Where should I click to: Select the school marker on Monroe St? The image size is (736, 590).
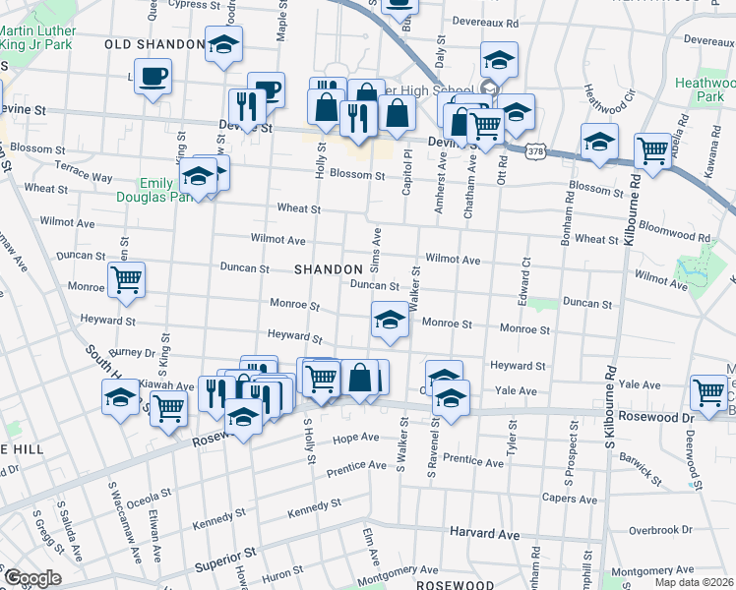click(390, 321)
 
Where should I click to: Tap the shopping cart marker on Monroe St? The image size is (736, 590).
click(126, 279)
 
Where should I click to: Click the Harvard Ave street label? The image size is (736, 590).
click(484, 534)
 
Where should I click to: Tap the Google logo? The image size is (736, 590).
click(32, 578)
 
